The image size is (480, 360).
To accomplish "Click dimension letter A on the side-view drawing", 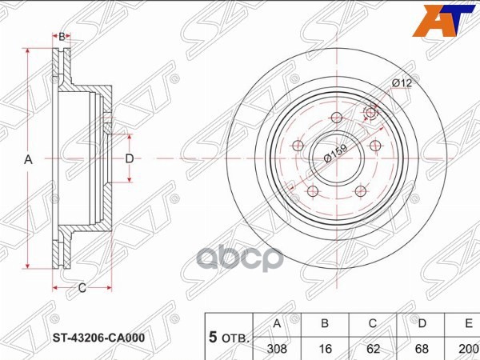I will pos(28,160).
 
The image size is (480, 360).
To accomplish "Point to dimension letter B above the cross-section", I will pos(62,36).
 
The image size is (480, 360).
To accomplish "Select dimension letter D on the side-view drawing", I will pos(129,159).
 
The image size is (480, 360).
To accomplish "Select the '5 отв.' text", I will pos(227,337).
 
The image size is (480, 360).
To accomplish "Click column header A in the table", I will pos(277,324).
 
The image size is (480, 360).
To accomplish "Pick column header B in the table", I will pos(325,324).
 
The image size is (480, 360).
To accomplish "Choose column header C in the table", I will pos(373,324).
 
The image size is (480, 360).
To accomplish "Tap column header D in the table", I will pos(421,324).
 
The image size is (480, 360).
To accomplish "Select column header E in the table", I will pos(466,324).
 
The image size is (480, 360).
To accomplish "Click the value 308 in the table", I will pos(277,349).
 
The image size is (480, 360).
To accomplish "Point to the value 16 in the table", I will pos(325,349).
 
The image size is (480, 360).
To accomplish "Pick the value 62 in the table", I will pos(373,349).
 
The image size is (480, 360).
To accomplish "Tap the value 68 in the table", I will pos(421,349).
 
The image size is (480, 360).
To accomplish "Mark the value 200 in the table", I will pos(466,349).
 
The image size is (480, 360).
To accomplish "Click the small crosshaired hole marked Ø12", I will pos(370,113).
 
